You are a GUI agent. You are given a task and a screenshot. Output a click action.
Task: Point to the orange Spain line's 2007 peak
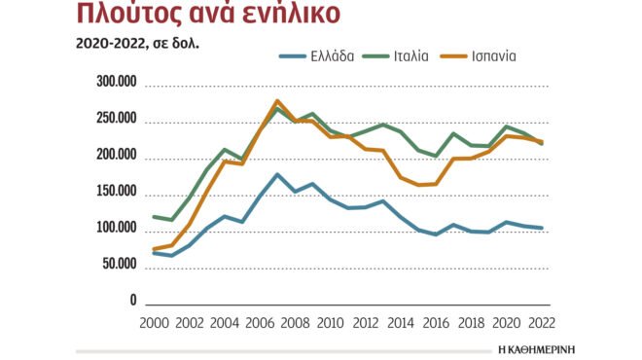point(277,100)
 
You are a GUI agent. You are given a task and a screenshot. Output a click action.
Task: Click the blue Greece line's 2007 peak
point(277,174)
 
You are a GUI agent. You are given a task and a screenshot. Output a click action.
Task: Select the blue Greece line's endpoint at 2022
point(542,228)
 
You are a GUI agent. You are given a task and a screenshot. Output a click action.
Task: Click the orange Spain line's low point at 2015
point(419,185)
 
